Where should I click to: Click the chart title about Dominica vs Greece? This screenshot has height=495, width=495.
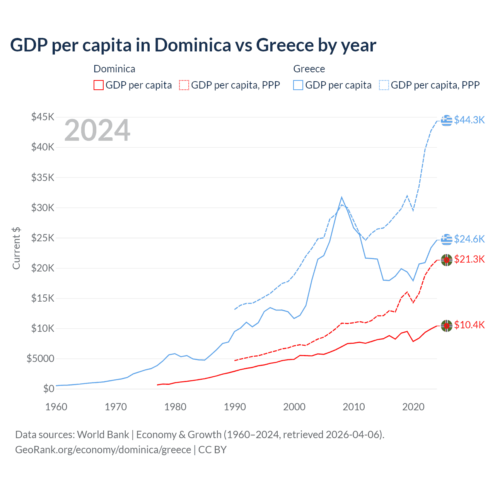point(193,45)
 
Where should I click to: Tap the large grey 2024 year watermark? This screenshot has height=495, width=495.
point(97,131)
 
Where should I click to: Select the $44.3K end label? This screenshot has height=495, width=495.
point(469,120)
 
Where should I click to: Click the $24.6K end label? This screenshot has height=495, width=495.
point(469,239)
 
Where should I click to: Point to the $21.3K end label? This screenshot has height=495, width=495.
point(469,259)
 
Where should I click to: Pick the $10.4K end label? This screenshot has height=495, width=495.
point(469,325)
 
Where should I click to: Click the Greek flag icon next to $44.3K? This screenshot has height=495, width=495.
point(447,120)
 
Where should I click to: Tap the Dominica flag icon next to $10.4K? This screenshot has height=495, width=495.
point(447,326)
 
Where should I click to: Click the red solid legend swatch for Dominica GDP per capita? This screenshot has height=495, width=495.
point(99,85)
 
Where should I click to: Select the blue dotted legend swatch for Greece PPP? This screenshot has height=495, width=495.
point(384,85)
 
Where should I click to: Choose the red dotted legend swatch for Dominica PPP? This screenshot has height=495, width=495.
point(184,85)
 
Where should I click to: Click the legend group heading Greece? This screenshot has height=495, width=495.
point(309,69)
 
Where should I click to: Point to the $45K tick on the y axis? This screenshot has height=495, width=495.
point(43,117)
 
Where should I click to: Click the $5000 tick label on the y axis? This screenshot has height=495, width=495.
point(40,358)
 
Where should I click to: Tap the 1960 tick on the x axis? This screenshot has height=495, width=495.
point(56,407)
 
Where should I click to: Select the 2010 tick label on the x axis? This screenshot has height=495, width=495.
point(354,407)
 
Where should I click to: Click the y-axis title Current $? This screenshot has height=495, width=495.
point(16,248)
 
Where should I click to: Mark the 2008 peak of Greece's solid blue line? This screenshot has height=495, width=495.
point(341,197)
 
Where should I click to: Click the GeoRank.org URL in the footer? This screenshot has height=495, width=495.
point(103,450)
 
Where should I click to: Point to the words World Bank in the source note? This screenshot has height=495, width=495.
point(103,435)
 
